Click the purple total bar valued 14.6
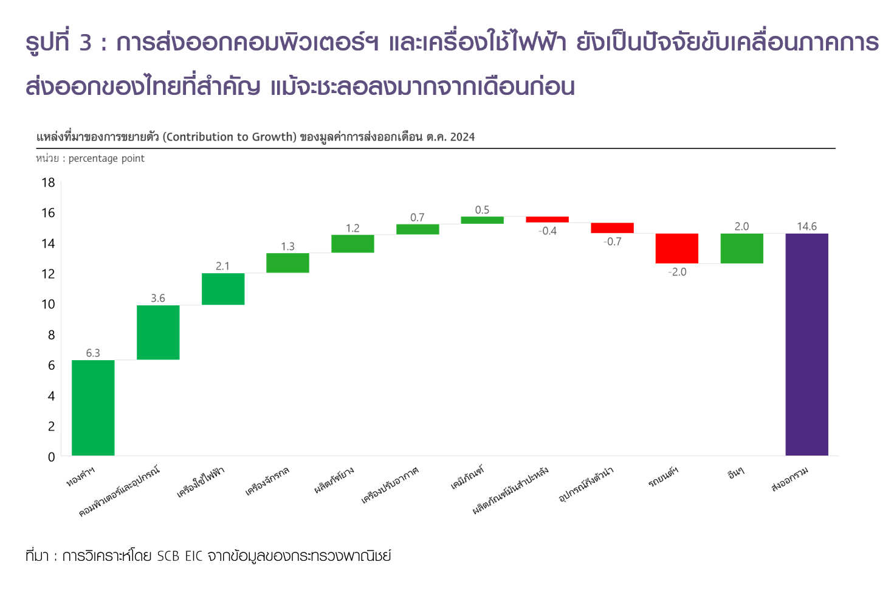(806, 344)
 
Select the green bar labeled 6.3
(93, 408)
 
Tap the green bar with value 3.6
(158, 332)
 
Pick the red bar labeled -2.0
(676, 248)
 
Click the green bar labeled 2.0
(741, 248)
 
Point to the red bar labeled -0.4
(547, 219)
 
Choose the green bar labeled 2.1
(223, 289)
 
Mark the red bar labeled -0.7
(612, 228)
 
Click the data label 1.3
(287, 246)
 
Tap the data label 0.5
(482, 210)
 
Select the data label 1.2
(352, 228)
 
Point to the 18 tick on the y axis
(48, 182)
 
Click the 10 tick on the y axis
(48, 304)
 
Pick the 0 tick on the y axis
(52, 457)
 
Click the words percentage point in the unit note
(106, 159)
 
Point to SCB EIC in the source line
(179, 556)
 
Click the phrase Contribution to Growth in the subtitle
(230, 137)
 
